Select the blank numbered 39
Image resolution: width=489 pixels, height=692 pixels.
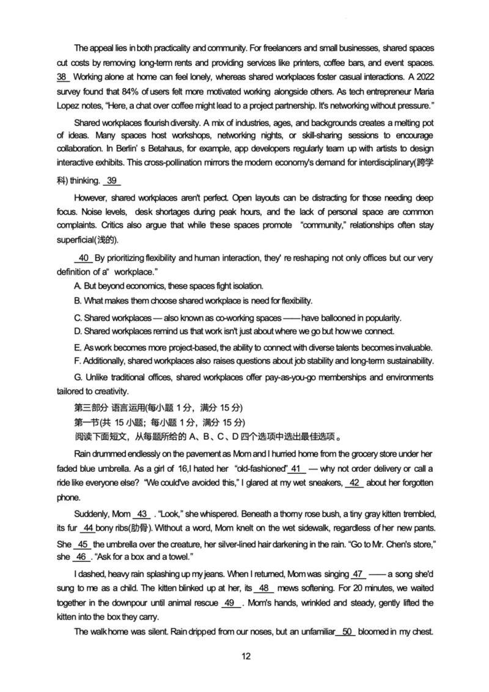112,180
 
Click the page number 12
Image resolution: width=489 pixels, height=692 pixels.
246,657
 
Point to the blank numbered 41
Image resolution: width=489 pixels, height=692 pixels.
296,469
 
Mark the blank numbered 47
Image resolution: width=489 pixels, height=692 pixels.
358,574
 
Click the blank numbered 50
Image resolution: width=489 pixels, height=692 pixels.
346,631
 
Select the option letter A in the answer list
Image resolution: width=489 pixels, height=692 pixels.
77,286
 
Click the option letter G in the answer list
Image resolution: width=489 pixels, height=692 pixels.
78,377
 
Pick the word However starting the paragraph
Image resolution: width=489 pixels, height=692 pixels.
91,197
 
